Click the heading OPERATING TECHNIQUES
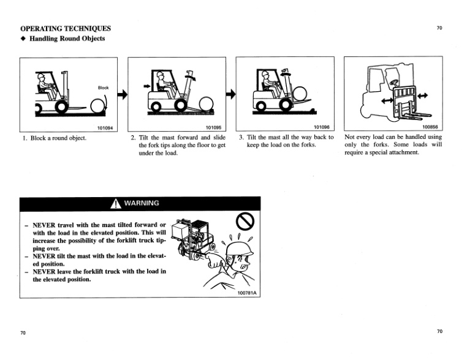click(x=66, y=28)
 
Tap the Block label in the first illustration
click(x=103, y=88)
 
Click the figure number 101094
click(x=107, y=127)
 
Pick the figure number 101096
click(x=321, y=127)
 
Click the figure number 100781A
click(x=247, y=293)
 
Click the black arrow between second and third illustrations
click(x=231, y=94)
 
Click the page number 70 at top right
click(x=439, y=28)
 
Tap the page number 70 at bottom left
click(x=23, y=332)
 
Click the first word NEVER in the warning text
click(x=45, y=225)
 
